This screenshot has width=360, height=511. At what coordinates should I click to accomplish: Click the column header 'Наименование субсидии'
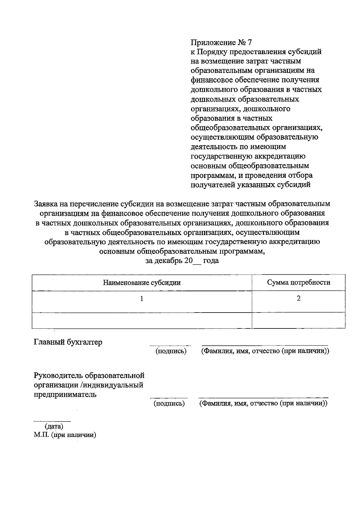pos(142,283)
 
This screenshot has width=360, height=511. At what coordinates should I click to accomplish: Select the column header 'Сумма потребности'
pos(298,283)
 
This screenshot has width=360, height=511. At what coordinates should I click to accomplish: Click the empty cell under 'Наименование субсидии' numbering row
pos(142,321)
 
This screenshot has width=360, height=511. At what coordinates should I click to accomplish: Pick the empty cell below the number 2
pos(298,321)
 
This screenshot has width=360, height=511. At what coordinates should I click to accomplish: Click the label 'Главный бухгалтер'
pos(68,342)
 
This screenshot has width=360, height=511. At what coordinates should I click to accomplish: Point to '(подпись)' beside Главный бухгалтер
pos(171,351)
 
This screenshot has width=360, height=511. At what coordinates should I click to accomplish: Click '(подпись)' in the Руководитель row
pos(169,404)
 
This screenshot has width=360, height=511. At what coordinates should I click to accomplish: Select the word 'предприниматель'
pos(65,395)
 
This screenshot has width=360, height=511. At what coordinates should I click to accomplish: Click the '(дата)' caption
pos(54,426)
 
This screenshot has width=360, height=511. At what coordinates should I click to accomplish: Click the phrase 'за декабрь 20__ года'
pos(182,261)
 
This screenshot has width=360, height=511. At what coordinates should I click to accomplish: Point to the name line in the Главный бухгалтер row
pos(265,346)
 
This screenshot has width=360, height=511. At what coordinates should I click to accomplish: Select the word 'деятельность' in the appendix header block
pos(214,147)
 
